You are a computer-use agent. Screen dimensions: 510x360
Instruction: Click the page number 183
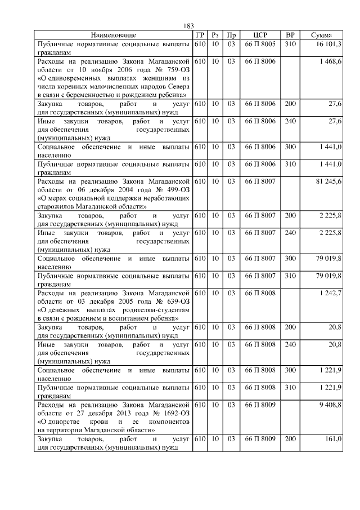pyautogui.click(x=188, y=26)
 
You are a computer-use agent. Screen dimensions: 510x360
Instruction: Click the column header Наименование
pyautogui.click(x=114, y=35)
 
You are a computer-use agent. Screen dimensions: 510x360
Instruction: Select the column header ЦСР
pyautogui.click(x=260, y=35)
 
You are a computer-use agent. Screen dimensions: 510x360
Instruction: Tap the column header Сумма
pyautogui.click(x=321, y=35)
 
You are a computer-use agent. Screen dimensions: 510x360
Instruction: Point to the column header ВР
pyautogui.click(x=290, y=35)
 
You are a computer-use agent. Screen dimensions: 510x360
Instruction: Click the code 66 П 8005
pyautogui.click(x=260, y=43)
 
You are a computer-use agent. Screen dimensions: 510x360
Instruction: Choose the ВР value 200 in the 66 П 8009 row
pyautogui.click(x=290, y=438)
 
